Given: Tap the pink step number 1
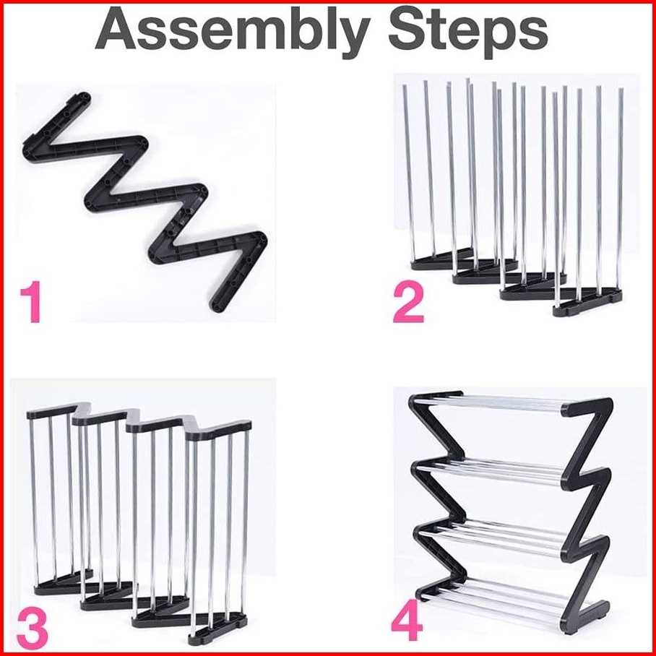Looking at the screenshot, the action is [x=31, y=302].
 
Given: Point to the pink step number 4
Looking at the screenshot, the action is [x=407, y=620].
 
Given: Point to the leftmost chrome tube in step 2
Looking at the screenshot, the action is [x=409, y=173].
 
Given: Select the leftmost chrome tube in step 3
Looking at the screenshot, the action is [x=34, y=502].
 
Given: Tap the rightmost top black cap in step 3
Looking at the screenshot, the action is [x=218, y=430].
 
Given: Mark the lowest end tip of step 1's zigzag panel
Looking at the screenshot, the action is [x=217, y=308].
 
